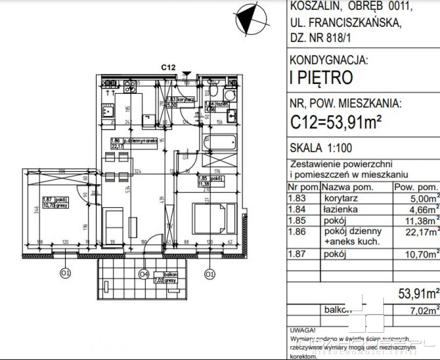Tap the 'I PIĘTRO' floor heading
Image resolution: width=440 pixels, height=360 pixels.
click(321, 78)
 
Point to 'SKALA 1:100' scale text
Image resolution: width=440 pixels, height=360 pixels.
click(321, 148)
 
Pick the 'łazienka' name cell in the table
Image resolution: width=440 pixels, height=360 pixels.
click(340, 210)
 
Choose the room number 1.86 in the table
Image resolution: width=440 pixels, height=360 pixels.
click(297, 232)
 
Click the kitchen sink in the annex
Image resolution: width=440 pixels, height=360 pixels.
click(107, 112)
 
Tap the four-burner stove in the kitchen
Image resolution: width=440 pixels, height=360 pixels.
click(130, 88)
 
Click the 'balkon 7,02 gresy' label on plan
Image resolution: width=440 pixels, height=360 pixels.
click(165, 277)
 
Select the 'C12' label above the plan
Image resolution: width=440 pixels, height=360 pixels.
click(169, 68)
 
